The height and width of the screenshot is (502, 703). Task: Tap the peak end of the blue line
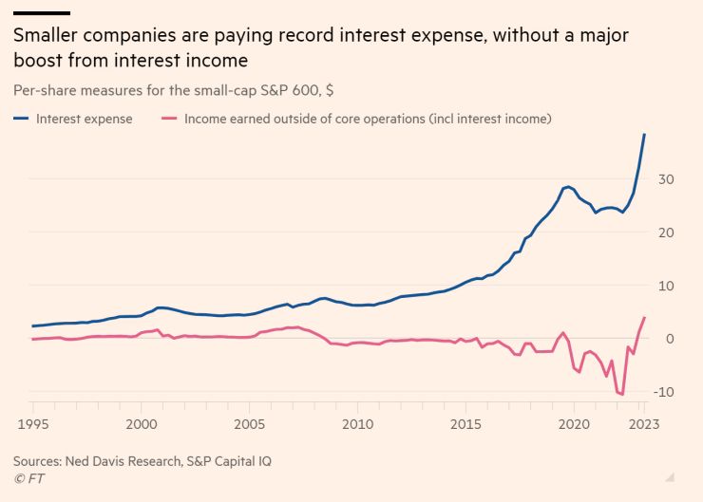[x=645, y=134]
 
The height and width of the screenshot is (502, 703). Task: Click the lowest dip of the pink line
[x=622, y=394]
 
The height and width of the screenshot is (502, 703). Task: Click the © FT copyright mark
[x=29, y=479]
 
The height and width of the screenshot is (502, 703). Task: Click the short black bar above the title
[x=41, y=12]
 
